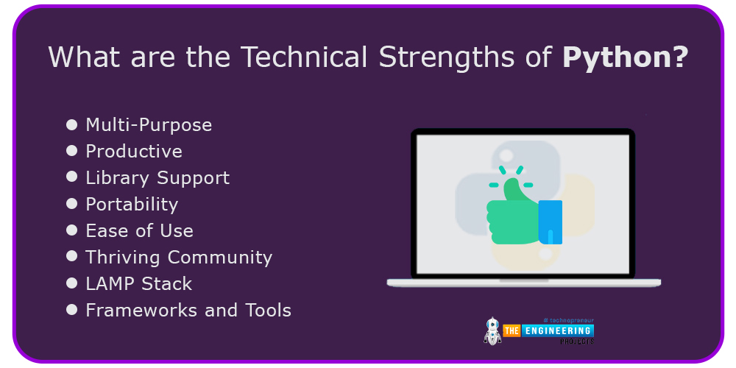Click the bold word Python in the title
[625, 57]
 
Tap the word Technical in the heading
[304, 57]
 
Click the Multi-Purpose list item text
[149, 125]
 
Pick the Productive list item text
[134, 151]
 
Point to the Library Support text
[158, 178]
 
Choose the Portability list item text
[132, 205]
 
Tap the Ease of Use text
[139, 230]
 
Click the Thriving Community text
[179, 258]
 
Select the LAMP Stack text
[139, 284]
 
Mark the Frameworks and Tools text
[188, 311]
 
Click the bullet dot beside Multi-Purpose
[72, 125]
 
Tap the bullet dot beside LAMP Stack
[72, 283]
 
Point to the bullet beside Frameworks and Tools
[72, 310]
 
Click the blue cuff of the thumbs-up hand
[550, 222]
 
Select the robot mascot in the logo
[492, 330]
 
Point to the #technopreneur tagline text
[568, 320]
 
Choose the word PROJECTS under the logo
[577, 342]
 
